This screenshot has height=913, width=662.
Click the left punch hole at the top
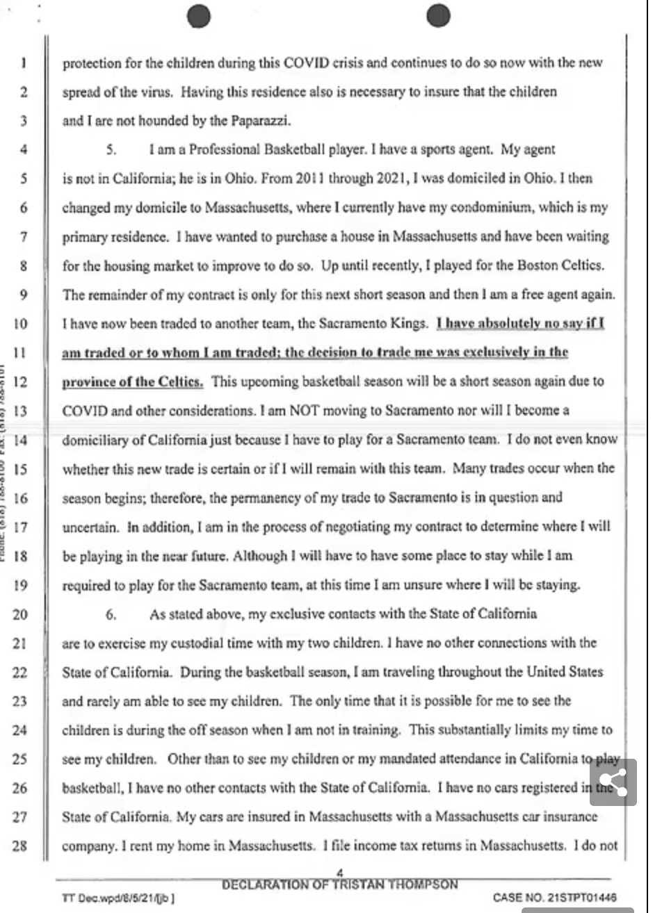click(x=200, y=15)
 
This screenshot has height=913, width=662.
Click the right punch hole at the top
click(x=438, y=15)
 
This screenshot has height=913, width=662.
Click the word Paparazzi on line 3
click(x=259, y=121)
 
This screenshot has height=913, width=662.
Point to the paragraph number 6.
click(x=111, y=614)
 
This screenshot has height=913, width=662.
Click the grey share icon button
click(x=613, y=782)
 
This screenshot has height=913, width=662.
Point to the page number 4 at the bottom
click(x=340, y=873)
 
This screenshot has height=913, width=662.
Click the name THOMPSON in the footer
click(x=424, y=885)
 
